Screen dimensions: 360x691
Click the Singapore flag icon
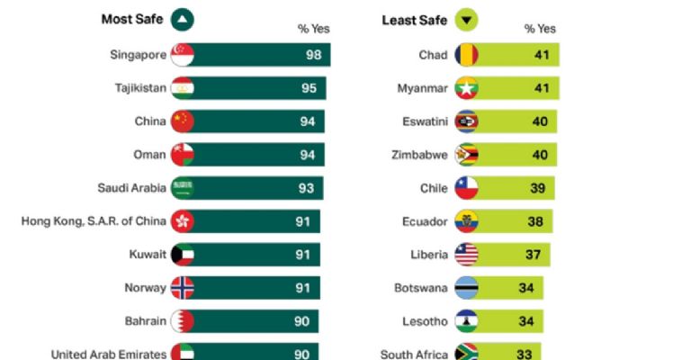pos(182,55)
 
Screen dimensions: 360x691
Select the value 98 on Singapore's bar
pos(313,55)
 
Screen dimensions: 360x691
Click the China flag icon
pos(182,121)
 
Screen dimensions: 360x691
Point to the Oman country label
pos(148,155)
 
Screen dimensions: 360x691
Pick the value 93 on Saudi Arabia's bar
pos(306,188)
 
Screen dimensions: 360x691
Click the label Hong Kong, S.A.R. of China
pos(94,221)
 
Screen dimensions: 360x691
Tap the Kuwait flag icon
pos(182,255)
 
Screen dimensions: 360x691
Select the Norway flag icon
pos(182,288)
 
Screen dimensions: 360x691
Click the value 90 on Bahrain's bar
pos(301,321)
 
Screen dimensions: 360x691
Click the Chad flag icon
pos(466,55)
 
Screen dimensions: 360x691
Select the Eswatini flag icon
pos(466,121)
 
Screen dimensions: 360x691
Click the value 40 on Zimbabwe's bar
pos(538,155)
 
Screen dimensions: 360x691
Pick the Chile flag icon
pos(466,188)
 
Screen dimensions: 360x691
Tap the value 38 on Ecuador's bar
pos(534,221)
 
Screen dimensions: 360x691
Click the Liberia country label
pos(428,255)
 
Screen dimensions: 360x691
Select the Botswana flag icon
pos(466,288)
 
